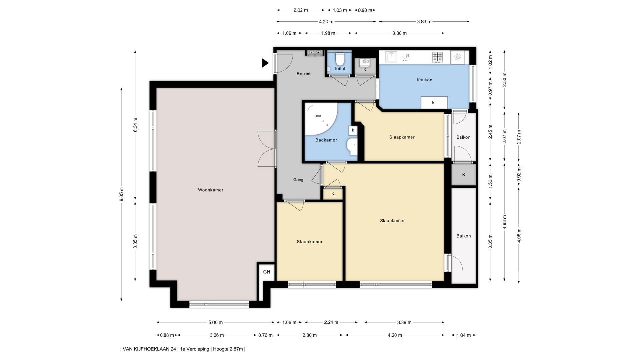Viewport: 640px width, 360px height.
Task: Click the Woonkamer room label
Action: tap(211, 190)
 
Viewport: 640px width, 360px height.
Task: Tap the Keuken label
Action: tap(424, 80)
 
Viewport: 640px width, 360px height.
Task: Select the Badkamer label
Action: tap(326, 140)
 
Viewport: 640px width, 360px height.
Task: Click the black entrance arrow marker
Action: tap(265, 63)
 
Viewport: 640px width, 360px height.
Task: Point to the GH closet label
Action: tap(267, 272)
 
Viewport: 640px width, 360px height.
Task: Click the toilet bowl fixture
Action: tap(340, 59)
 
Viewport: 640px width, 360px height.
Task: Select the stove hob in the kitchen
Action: tap(437, 57)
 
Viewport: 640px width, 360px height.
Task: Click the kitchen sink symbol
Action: tap(391, 57)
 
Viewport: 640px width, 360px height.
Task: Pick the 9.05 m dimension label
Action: tap(122, 194)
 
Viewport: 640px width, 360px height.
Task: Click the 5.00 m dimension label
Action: tap(215, 322)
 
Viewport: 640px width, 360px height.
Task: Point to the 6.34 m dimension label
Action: tap(135, 125)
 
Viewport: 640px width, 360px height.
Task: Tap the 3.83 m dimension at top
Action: tap(424, 22)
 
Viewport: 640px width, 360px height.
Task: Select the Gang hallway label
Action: tap(298, 180)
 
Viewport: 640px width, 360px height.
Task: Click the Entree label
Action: tap(303, 74)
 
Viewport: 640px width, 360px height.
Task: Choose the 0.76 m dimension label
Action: tap(266, 335)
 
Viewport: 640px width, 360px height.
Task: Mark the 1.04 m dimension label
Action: tap(464, 335)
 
